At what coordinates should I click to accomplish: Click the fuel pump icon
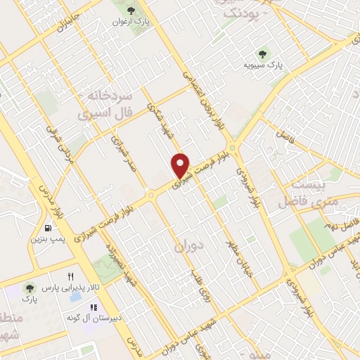click(47, 228)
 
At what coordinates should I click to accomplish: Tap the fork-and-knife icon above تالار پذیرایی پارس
click(70, 276)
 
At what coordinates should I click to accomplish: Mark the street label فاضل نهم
click(346, 226)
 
